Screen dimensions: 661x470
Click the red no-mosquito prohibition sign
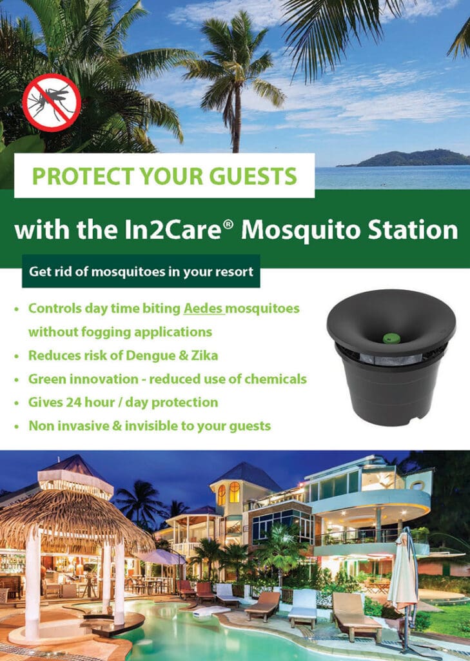pos(52,102)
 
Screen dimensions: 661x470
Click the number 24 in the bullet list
pos(73,402)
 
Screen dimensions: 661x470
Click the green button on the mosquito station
pos(388,338)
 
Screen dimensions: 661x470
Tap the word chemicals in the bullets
pos(277,379)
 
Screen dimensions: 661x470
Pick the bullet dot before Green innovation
pos(17,380)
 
